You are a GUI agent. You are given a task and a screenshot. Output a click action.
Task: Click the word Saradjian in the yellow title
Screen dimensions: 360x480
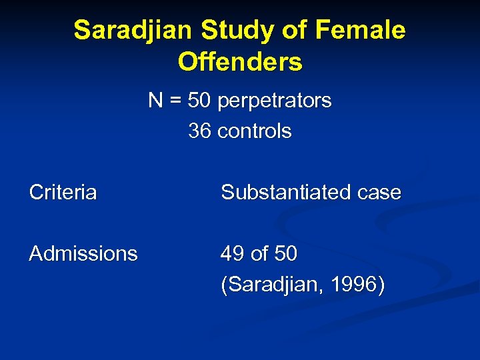tap(133, 31)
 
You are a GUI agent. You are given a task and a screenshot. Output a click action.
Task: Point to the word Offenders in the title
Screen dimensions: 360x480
tap(240, 62)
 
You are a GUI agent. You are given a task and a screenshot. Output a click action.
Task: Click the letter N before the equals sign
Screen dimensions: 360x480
tap(155, 101)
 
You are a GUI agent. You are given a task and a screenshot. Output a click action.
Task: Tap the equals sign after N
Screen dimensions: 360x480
tap(175, 101)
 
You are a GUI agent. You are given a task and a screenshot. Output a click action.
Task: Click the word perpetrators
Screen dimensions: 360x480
tap(274, 101)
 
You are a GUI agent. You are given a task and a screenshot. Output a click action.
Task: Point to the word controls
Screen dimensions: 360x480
tap(255, 131)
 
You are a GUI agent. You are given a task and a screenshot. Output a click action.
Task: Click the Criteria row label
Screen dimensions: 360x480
tap(63, 193)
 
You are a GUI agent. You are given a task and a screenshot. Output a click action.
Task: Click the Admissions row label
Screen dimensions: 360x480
tap(83, 253)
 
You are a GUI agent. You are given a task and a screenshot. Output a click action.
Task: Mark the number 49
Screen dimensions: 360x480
tap(233, 253)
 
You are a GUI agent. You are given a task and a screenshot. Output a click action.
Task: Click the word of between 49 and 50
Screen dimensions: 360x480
tap(261, 253)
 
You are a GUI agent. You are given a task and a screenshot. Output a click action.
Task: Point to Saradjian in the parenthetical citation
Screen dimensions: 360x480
tap(273, 285)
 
